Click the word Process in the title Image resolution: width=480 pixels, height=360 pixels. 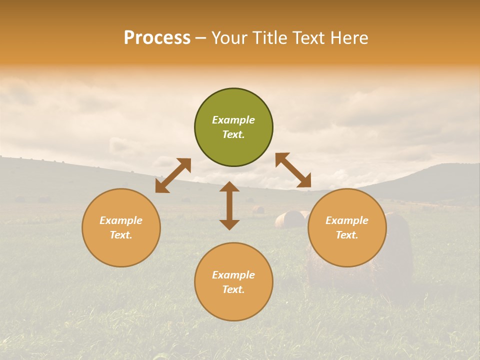tap(157, 38)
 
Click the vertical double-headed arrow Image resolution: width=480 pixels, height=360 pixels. tap(229, 205)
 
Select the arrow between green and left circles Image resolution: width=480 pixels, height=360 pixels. tap(173, 175)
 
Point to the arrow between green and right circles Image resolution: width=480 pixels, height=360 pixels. tap(293, 170)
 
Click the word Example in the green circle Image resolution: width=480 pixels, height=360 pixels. tap(233, 120)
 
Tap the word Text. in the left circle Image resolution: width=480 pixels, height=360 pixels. tap(121, 235)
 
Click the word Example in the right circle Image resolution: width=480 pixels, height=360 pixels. tap(347, 220)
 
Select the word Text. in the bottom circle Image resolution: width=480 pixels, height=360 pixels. tap(233, 289)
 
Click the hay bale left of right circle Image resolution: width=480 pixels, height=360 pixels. tap(289, 219)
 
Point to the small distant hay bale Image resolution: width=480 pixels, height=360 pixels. tap(258, 209)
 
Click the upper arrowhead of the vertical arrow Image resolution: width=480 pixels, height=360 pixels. tap(229, 187)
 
